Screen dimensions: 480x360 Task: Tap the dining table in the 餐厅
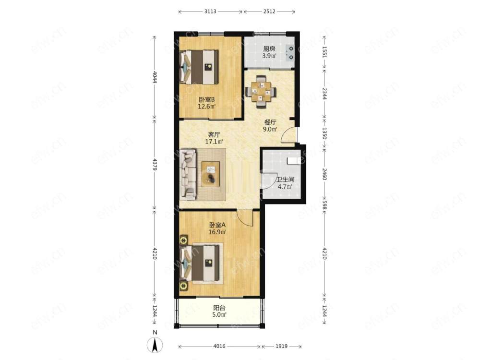pyautogui.click(x=261, y=92)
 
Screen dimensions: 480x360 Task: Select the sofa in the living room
pyautogui.click(x=188, y=174)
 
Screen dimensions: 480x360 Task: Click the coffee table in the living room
pyautogui.click(x=210, y=174)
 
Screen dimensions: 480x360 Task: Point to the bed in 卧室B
pyautogui.click(x=199, y=67)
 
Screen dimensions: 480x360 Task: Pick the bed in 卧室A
pyautogui.click(x=200, y=264)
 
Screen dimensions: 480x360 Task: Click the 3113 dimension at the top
pyautogui.click(x=210, y=12)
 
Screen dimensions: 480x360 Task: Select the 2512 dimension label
pyautogui.click(x=269, y=12)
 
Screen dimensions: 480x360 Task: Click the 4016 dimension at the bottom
pyautogui.click(x=219, y=346)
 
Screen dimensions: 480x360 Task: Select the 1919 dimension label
pyautogui.click(x=281, y=346)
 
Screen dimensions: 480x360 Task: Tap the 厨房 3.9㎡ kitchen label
pyautogui.click(x=269, y=52)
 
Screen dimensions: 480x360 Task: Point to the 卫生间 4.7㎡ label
pyautogui.click(x=285, y=183)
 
